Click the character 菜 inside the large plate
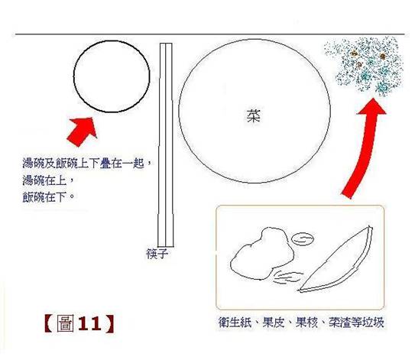tap(254, 116)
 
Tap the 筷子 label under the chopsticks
tap(157, 254)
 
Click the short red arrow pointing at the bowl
tap(83, 131)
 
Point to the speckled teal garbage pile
tap(365, 66)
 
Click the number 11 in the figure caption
tap(89, 323)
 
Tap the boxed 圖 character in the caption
tap(66, 323)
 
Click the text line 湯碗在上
tap(47, 180)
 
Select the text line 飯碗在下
tap(47, 197)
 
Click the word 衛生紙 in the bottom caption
tap(235, 323)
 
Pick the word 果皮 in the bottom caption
tap(273, 323)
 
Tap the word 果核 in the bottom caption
tap(306, 323)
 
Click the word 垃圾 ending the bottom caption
tap(373, 323)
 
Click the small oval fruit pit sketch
tap(303, 239)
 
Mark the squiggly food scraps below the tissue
tap(287, 277)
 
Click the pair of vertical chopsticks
tap(166, 144)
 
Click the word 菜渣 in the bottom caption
tap(340, 323)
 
